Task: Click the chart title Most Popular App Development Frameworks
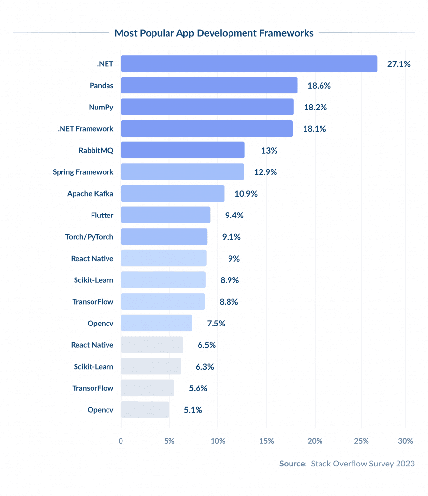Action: pyautogui.click(x=214, y=33)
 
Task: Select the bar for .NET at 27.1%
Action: pyautogui.click(x=249, y=63)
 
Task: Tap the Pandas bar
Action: pyautogui.click(x=209, y=85)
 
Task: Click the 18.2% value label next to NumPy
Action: pyautogui.click(x=315, y=107)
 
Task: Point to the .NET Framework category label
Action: pyautogui.click(x=85, y=129)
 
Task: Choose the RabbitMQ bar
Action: pyautogui.click(x=182, y=150)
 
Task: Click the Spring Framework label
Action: pyautogui.click(x=83, y=172)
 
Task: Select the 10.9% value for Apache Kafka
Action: pyautogui.click(x=246, y=194)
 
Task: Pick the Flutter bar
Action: pyautogui.click(x=165, y=215)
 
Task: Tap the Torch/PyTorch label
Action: pyautogui.click(x=89, y=237)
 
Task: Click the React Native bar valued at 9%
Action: pyautogui.click(x=164, y=258)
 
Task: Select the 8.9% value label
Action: pyautogui.click(x=229, y=280)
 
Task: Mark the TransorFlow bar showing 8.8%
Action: pyautogui.click(x=163, y=301)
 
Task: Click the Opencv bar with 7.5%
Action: pyautogui.click(x=156, y=323)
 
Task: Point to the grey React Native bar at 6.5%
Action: pyautogui.click(x=152, y=345)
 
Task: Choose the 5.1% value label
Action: pyautogui.click(x=193, y=410)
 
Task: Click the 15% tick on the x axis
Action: pyautogui.click(x=266, y=441)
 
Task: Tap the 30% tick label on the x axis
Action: pyautogui.click(x=405, y=441)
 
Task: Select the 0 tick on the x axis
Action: pyautogui.click(x=121, y=441)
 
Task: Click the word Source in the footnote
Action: pyautogui.click(x=292, y=464)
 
